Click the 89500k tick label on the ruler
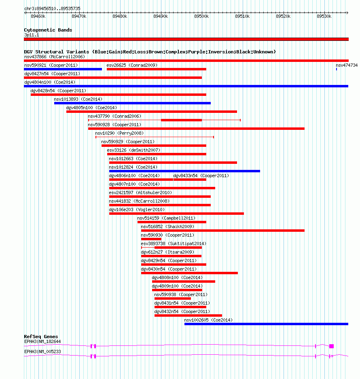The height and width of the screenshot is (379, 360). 201,16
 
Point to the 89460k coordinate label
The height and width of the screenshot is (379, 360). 38,16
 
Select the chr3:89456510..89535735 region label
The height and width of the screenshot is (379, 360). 52,8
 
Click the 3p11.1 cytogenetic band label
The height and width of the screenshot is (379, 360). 32,35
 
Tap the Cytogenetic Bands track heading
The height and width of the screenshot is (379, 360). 48,30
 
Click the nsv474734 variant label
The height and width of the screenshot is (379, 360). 347,65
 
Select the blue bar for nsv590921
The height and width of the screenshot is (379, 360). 63,69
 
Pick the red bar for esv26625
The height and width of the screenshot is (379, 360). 157,69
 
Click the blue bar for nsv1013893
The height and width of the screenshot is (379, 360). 133,103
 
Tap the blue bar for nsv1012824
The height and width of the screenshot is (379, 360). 184,171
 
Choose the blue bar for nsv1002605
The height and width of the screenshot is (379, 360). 266,324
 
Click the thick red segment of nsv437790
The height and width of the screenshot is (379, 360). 181,120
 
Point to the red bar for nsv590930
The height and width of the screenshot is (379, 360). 151,239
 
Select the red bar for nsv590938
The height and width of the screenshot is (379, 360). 173,299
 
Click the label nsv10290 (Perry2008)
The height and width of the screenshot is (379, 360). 119,133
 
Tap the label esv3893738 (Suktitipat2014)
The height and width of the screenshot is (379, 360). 174,243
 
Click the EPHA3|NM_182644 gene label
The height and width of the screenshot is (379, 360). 42,341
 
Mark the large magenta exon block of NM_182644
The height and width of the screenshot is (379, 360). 331,346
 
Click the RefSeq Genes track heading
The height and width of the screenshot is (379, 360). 41,337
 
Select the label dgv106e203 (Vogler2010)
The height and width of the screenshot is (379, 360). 137,210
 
